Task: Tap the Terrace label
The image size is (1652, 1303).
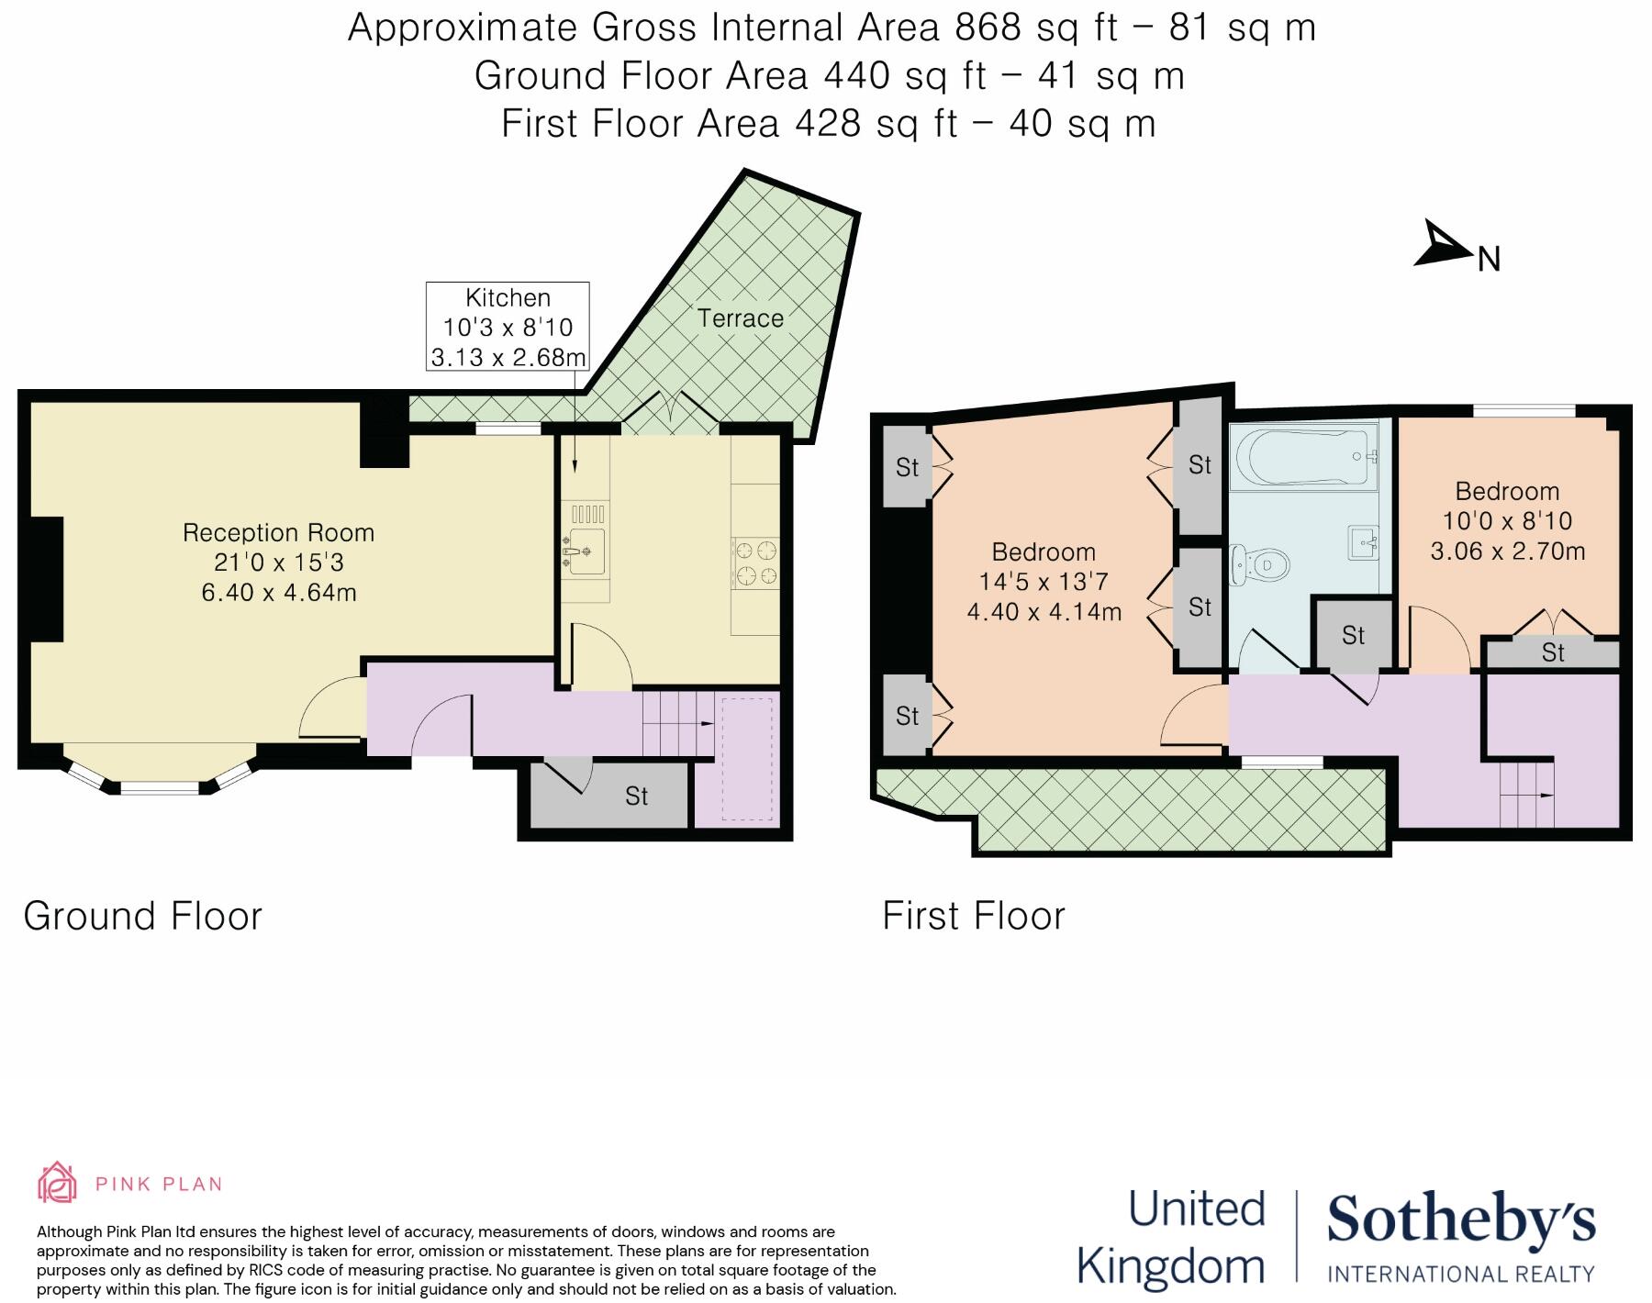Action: point(740,318)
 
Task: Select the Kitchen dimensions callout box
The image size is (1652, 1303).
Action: point(508,327)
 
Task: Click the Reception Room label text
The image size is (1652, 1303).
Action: point(278,532)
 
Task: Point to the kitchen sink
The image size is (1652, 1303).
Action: point(586,551)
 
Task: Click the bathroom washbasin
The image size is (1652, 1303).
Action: point(1362,541)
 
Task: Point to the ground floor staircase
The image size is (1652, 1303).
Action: point(677,723)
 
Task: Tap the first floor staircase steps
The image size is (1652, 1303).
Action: point(1527,795)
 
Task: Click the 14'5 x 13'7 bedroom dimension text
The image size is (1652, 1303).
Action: point(1044,581)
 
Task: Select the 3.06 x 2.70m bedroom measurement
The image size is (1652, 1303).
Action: point(1508,551)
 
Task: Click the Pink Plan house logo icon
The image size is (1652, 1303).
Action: point(56,1182)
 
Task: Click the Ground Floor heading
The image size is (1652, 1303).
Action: point(142,916)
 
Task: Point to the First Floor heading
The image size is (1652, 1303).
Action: point(973,916)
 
